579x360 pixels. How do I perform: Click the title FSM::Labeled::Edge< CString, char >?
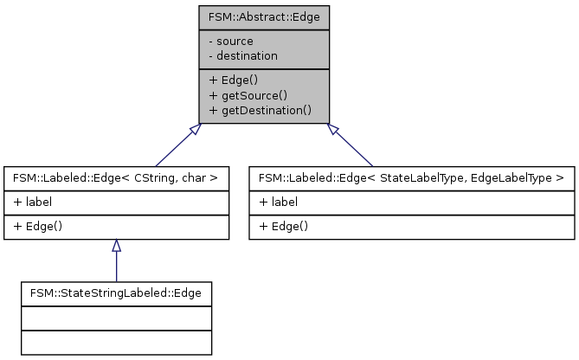[116, 178]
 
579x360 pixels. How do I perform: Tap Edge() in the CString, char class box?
[35, 225]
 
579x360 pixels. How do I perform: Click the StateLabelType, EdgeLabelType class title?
[412, 178]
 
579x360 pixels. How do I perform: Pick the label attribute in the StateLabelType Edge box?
[279, 201]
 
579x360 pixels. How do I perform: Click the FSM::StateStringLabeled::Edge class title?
[115, 293]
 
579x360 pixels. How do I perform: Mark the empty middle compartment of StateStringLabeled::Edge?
[115, 318]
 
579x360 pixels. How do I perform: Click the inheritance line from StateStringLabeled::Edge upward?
[116, 267]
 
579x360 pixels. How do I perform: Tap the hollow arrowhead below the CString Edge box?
[116, 246]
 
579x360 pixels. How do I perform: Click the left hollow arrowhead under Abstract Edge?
[196, 130]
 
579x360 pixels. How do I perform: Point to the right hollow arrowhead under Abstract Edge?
[332, 130]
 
